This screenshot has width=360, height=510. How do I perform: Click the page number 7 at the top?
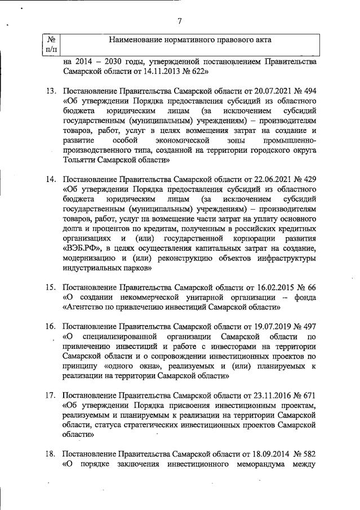click(179, 21)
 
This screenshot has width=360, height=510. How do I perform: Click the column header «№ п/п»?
click(51, 45)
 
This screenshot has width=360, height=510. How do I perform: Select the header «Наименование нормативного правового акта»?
click(190, 40)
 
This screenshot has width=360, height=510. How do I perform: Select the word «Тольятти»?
click(82, 160)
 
